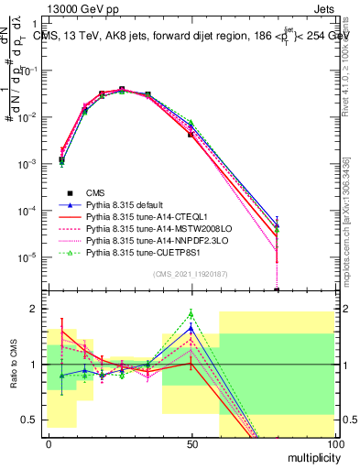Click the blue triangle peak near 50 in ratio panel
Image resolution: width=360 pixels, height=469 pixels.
[x=191, y=328]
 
